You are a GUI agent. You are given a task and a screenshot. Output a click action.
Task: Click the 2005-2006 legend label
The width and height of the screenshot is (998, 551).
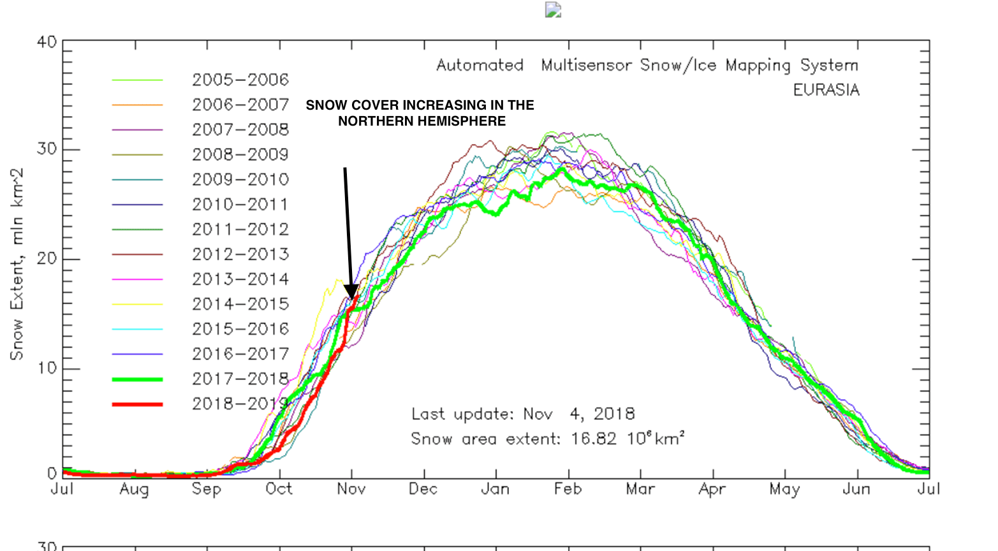[240, 80]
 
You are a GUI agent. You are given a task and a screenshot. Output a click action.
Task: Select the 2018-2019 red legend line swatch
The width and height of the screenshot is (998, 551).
[137, 404]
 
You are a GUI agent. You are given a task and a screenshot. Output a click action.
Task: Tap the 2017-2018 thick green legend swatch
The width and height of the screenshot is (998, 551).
[137, 379]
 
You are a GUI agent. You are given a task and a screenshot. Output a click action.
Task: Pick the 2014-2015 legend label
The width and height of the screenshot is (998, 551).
[240, 304]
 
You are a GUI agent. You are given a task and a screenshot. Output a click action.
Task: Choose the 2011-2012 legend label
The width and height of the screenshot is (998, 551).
[240, 230]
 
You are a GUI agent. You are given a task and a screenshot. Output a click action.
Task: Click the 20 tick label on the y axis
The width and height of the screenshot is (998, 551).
[47, 259]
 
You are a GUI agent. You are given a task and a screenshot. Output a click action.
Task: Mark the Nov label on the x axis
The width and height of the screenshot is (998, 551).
[351, 489]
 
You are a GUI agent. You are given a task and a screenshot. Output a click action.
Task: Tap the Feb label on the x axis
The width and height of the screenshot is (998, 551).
[568, 489]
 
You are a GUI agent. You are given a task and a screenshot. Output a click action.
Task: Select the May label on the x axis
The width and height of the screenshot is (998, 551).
[784, 489]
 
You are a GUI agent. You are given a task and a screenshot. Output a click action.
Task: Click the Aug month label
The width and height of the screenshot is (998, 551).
[134, 489]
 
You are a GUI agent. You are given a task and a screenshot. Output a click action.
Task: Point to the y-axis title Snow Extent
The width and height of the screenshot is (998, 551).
[17, 264]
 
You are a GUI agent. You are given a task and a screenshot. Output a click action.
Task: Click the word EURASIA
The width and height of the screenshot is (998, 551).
[826, 90]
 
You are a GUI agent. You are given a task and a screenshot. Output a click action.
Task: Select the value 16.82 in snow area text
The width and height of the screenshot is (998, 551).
[594, 439]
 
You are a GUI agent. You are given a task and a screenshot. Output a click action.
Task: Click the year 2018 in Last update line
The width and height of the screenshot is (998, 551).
[614, 415]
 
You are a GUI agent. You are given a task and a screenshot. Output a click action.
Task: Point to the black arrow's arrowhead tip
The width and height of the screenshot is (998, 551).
[351, 298]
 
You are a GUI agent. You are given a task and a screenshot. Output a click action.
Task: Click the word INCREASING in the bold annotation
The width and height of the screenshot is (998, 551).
[441, 105]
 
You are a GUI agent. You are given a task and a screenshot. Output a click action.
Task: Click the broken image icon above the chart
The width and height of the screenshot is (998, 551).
[553, 10]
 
